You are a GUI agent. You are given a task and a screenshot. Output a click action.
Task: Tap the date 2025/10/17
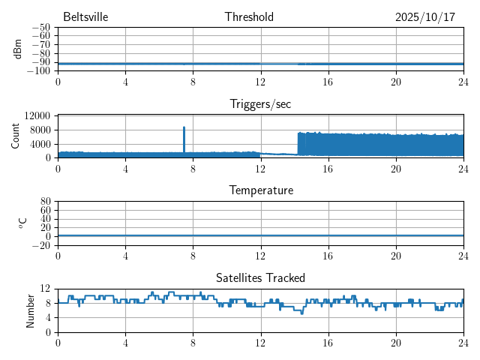[425, 17]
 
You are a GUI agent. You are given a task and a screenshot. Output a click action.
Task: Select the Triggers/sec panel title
[260, 104]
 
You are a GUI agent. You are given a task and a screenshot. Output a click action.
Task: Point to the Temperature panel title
[260, 190]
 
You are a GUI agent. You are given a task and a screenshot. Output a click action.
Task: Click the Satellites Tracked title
[260, 277]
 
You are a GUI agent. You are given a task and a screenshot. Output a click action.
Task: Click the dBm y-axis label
[17, 49]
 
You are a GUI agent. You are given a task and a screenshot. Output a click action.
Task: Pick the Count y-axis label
[16, 136]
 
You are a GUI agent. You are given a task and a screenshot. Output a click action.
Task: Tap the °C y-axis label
[22, 223]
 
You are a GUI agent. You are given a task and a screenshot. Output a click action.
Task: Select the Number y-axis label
[30, 310]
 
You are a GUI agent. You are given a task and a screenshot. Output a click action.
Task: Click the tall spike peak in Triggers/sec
[184, 127]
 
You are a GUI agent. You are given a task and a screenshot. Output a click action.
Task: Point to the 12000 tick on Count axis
[37, 116]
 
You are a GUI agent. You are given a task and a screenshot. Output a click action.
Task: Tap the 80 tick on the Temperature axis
[45, 202]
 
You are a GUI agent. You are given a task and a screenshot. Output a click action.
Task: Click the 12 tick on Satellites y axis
[45, 289]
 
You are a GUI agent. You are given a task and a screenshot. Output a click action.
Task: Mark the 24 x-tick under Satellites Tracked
[463, 342]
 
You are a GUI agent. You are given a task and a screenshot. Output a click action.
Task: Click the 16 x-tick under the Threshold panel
[328, 81]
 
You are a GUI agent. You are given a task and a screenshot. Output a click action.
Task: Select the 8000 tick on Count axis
[40, 130]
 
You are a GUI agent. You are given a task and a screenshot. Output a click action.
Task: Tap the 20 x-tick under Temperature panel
[395, 255]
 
